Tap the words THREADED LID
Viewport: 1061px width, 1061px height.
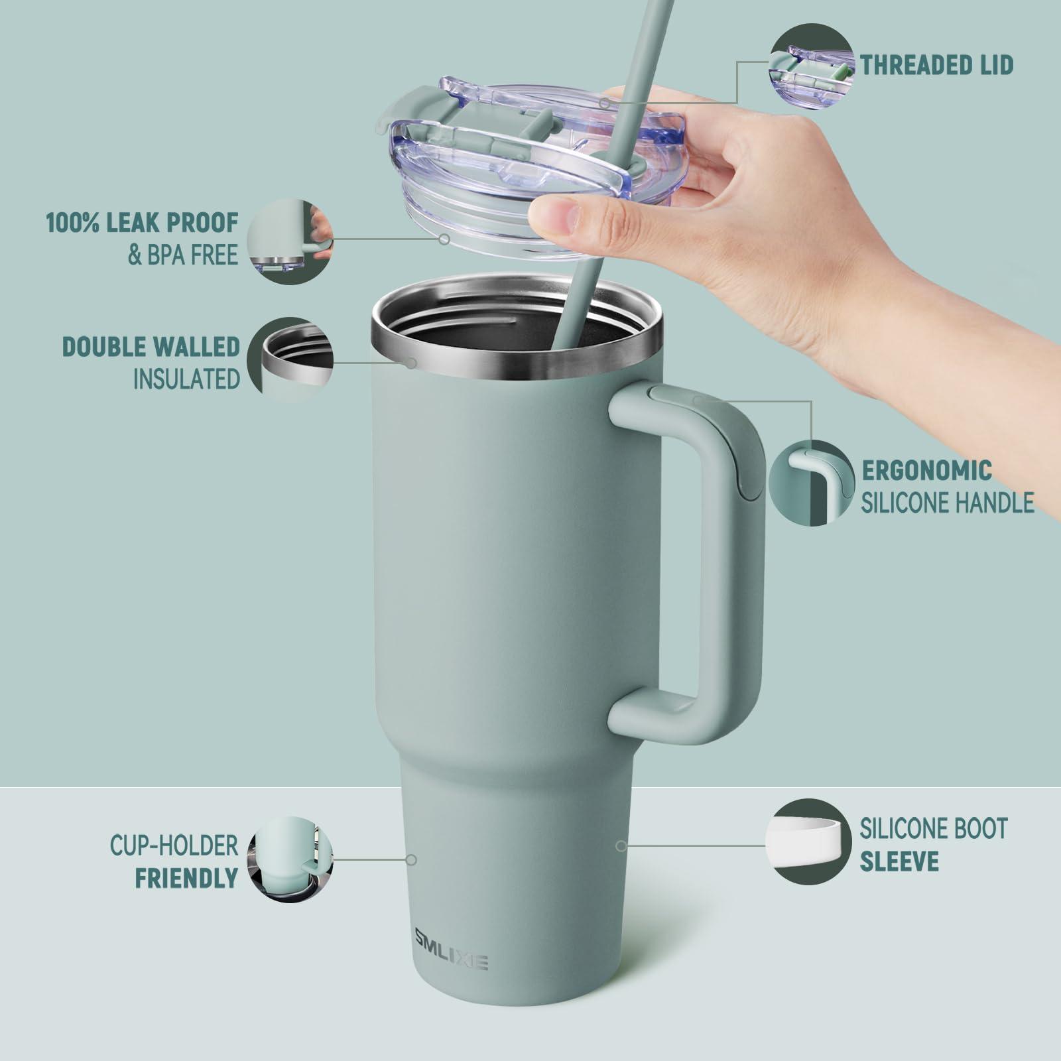[x=936, y=66]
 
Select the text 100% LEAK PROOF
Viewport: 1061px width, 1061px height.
[x=142, y=223]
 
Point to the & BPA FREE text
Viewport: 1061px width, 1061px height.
[x=182, y=256]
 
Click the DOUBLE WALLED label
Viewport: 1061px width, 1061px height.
[x=151, y=347]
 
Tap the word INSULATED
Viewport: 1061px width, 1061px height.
[x=186, y=379]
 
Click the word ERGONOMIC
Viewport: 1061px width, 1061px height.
[x=926, y=470]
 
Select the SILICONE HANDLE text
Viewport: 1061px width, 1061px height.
[x=947, y=503]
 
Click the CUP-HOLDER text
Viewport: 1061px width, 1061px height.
[x=174, y=845]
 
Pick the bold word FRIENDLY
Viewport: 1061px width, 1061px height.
[x=186, y=878]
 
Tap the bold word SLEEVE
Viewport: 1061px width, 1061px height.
[x=899, y=861]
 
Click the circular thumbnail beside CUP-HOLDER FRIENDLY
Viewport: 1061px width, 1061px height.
[x=290, y=859]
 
